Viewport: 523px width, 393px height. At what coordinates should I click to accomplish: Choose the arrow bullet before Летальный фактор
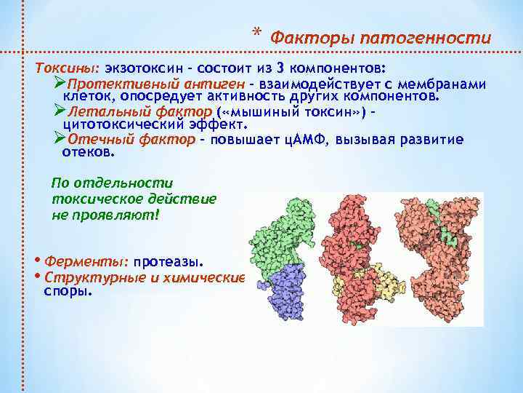tap(60, 111)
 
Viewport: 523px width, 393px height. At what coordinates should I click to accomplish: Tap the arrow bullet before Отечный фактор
tap(60, 139)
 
